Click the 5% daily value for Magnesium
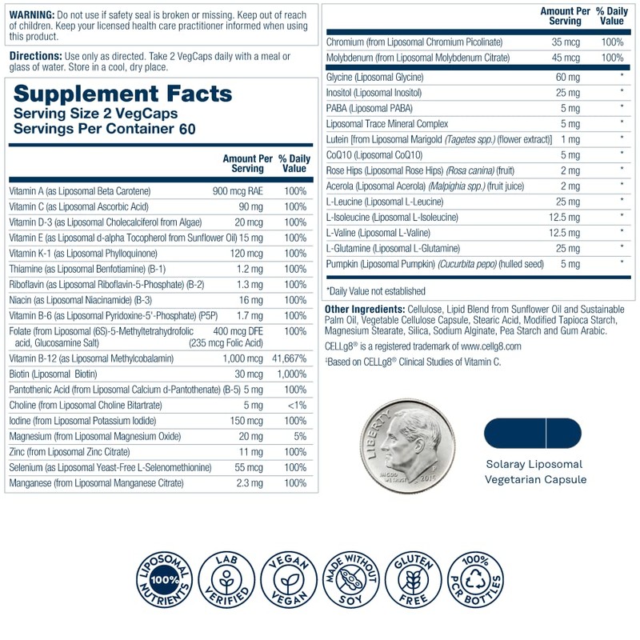coord(300,437)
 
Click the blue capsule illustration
coord(532,433)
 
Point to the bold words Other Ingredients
coord(359,310)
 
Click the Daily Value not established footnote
coord(376,290)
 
